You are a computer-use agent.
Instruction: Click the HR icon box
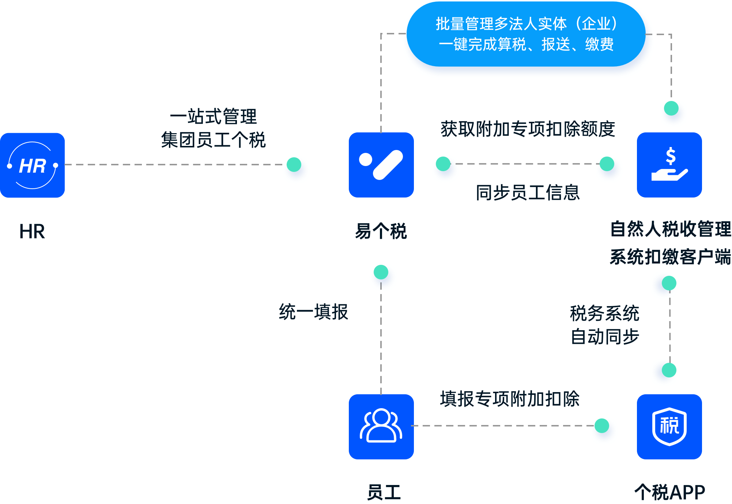click(x=33, y=165)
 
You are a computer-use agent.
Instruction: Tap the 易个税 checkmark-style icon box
click(x=381, y=165)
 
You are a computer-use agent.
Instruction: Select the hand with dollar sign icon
click(x=669, y=165)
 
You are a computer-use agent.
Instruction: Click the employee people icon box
click(x=381, y=426)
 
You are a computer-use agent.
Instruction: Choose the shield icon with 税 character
click(x=669, y=426)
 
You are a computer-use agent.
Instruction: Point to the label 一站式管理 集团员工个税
click(x=214, y=128)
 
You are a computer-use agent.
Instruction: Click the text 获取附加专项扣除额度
click(x=528, y=129)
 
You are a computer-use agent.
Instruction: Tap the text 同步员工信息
click(x=528, y=193)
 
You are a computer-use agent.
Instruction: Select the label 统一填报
click(x=313, y=312)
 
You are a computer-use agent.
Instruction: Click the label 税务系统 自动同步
click(x=605, y=325)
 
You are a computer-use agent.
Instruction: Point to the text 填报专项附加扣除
click(x=510, y=399)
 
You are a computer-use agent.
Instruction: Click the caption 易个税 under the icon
click(x=381, y=231)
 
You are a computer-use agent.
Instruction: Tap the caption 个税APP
click(x=670, y=492)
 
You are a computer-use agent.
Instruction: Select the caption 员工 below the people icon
click(x=384, y=492)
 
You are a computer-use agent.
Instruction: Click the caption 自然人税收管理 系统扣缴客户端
click(x=671, y=243)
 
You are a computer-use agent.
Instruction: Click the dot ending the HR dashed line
click(x=296, y=169)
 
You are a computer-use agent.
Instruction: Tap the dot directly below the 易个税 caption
click(x=383, y=277)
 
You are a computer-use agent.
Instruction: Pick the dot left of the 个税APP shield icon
click(x=604, y=430)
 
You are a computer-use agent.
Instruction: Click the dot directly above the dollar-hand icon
click(x=673, y=113)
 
